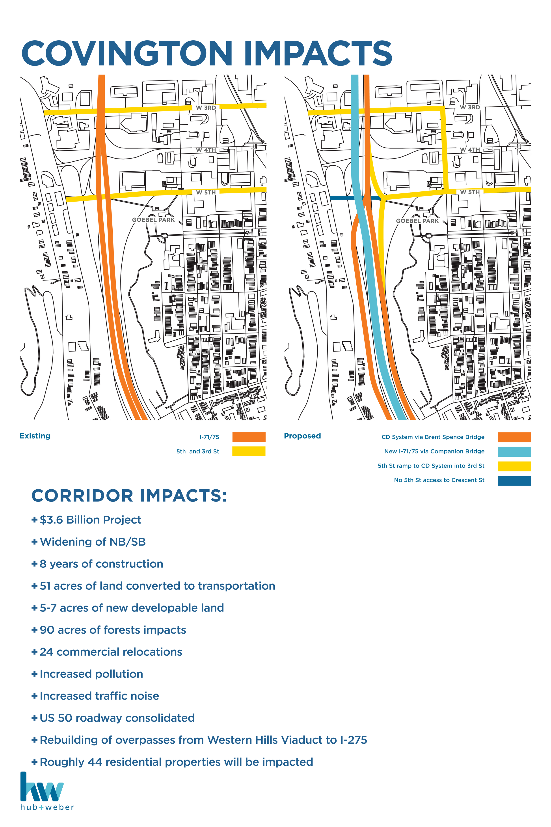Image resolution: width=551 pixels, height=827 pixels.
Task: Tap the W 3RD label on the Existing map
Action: (206, 108)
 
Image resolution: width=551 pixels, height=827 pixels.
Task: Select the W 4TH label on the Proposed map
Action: (470, 150)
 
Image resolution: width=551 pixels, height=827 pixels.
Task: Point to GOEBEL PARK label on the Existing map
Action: (153, 220)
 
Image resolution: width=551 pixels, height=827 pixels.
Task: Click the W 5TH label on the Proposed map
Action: (470, 192)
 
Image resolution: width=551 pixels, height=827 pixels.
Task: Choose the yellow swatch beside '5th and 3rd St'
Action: (249, 451)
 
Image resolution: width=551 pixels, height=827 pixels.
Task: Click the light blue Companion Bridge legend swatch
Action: (514, 451)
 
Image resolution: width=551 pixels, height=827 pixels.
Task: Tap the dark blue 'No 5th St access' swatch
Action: (514, 481)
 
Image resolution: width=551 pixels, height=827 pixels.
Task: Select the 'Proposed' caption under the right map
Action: (302, 436)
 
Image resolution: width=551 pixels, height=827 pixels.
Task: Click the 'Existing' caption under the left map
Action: (35, 436)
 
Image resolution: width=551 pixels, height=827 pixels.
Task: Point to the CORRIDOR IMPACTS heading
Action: (129, 496)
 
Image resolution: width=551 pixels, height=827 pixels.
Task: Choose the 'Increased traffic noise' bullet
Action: (99, 696)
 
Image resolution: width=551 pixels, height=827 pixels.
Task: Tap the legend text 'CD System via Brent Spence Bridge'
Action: (433, 437)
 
